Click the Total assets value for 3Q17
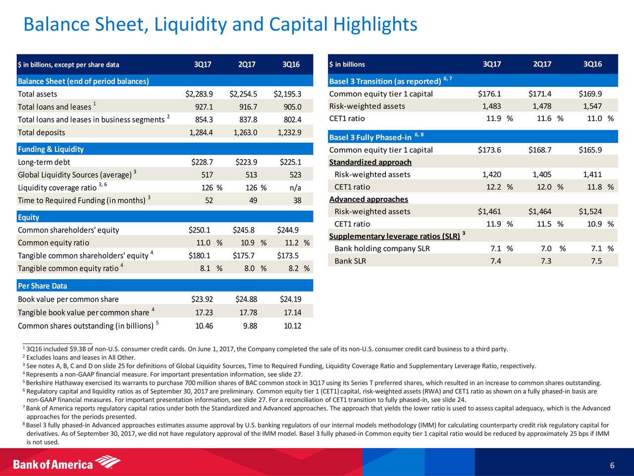199,94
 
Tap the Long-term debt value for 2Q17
246,162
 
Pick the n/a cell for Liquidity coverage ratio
295,188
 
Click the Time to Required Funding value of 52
209,201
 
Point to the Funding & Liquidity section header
51,149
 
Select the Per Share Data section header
43,286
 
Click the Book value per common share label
68,299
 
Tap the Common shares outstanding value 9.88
250,326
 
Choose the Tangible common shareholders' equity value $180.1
199,255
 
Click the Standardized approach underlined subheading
370,162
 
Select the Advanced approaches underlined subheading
369,199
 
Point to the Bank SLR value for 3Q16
596,261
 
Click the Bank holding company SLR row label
382,248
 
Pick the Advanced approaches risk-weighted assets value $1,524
590,212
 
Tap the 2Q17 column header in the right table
542,64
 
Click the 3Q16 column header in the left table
291,64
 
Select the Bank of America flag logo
108,462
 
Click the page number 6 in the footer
612,465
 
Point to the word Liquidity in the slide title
190,24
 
